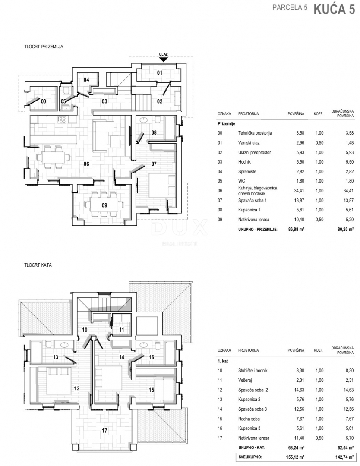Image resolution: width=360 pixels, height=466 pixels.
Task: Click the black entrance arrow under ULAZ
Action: (164, 60)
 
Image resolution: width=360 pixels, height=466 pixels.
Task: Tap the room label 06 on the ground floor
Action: (86, 164)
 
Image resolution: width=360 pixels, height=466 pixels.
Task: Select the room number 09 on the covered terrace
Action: (104, 205)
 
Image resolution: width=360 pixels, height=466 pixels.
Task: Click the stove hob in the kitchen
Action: (62, 120)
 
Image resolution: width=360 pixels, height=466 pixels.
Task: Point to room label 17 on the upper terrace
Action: (104, 430)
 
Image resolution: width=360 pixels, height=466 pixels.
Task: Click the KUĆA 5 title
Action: (334, 9)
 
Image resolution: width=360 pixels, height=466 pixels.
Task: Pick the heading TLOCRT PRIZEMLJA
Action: (44, 47)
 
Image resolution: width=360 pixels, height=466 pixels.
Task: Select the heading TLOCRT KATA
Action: (38, 265)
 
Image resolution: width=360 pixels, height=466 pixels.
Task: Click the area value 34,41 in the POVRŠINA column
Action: (299, 191)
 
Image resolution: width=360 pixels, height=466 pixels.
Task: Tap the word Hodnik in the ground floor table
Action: (244, 162)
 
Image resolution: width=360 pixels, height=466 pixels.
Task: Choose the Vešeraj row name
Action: (245, 380)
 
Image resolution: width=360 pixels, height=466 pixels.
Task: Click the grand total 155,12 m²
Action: (295, 457)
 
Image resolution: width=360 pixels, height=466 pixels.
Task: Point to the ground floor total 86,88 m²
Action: (296, 229)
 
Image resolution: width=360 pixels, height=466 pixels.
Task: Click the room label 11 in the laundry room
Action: (121, 330)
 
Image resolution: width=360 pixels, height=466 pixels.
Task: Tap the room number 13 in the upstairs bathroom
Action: (56, 357)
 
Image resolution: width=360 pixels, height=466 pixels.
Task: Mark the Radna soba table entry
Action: (249, 419)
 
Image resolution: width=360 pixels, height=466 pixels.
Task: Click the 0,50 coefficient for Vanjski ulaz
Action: (319, 143)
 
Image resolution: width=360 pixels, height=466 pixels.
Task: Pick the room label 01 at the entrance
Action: (160, 72)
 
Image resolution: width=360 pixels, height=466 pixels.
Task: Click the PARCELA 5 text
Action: (290, 8)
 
